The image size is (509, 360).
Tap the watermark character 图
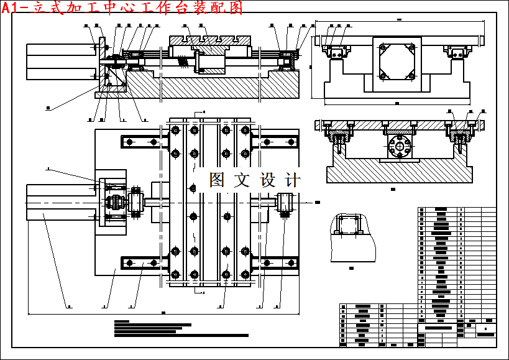click(217, 180)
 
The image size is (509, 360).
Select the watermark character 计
click(292, 180)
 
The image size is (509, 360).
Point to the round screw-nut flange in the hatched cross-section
click(397, 149)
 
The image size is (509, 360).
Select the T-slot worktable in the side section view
click(209, 40)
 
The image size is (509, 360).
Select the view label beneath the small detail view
click(352, 268)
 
